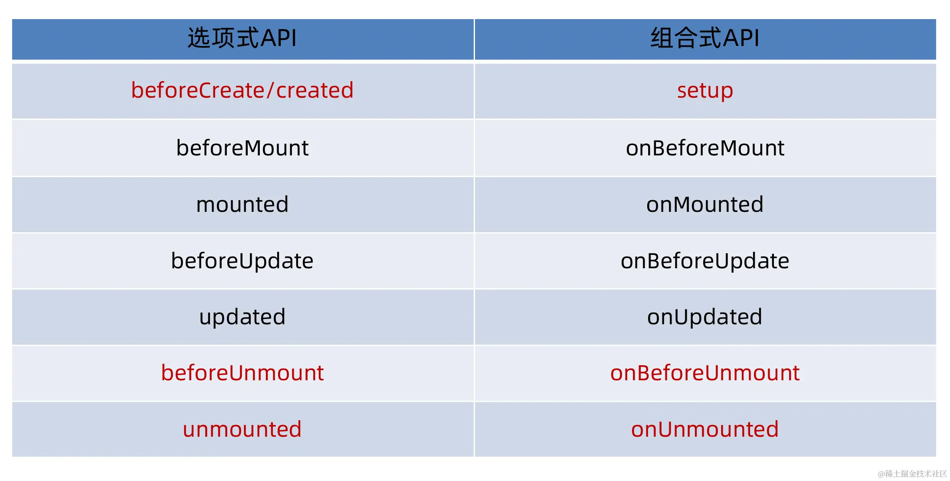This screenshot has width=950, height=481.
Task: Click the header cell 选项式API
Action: click(x=242, y=39)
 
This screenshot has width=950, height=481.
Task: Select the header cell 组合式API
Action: click(x=705, y=39)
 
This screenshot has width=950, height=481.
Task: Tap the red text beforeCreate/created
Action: click(x=242, y=90)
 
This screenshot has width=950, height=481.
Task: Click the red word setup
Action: click(x=705, y=91)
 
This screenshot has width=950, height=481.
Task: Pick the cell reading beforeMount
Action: click(x=242, y=148)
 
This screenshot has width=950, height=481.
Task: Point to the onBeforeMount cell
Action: click(x=705, y=148)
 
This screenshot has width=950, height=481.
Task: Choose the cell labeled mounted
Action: click(x=242, y=204)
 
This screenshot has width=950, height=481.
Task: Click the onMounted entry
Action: click(x=705, y=204)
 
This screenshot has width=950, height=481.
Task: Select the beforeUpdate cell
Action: click(x=242, y=261)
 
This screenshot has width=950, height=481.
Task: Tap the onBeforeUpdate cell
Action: click(x=705, y=261)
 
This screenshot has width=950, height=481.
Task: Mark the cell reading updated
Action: click(x=242, y=317)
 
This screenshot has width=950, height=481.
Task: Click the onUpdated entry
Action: click(x=705, y=317)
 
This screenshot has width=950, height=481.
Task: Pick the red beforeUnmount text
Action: click(x=242, y=373)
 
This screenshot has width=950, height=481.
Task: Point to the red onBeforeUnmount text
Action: click(x=705, y=373)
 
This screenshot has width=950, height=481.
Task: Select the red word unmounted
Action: click(x=242, y=429)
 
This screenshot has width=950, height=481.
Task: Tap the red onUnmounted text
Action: click(x=705, y=429)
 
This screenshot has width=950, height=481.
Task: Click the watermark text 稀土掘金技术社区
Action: click(x=916, y=474)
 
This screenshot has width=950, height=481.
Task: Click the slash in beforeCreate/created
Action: click(x=270, y=90)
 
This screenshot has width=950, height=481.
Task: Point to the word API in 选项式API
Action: click(x=278, y=38)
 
